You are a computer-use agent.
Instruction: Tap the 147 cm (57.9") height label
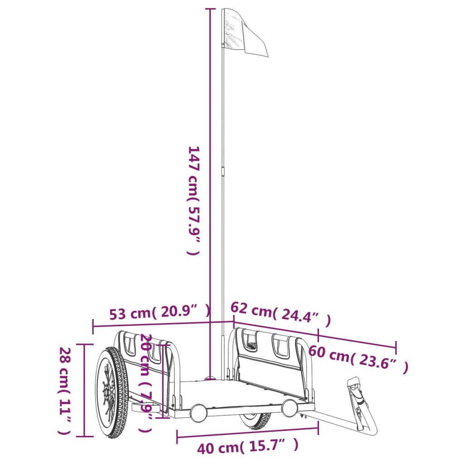(194, 200)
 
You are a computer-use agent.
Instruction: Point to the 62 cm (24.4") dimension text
(280, 314)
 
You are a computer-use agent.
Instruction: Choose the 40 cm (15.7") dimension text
(248, 446)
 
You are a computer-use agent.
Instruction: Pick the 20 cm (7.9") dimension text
(146, 383)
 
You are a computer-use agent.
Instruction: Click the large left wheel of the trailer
(112, 392)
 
